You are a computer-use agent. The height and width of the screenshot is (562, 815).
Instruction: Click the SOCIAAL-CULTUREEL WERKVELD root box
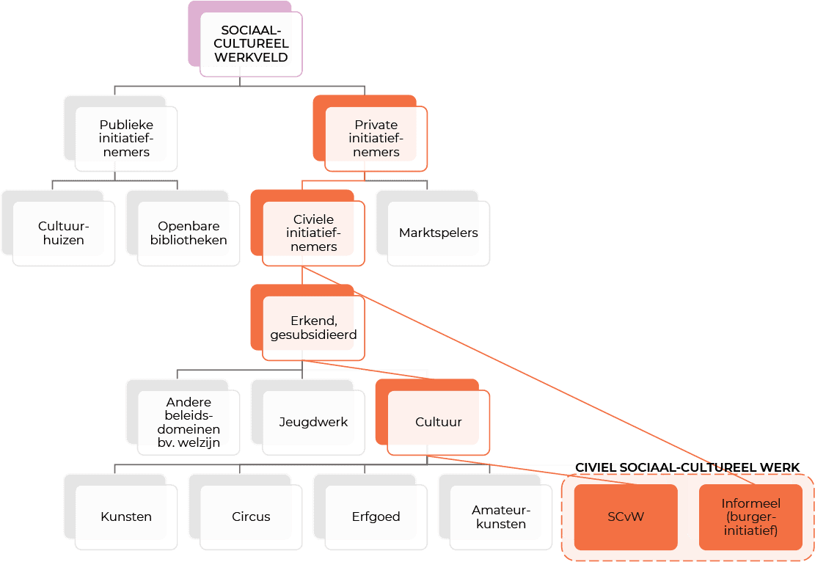pyautogui.click(x=250, y=44)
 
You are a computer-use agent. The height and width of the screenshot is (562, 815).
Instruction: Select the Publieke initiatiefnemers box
pyautogui.click(x=126, y=139)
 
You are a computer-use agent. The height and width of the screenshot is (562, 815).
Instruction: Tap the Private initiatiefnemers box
pyautogui.click(x=376, y=139)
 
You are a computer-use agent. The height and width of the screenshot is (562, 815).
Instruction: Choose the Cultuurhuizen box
pyautogui.click(x=64, y=233)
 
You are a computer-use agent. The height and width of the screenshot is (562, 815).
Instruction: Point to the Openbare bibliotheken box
pyautogui.click(x=189, y=233)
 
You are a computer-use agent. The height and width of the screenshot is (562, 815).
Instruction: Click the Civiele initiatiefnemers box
pyautogui.click(x=313, y=233)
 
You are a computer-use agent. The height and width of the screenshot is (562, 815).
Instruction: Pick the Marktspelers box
pyautogui.click(x=438, y=233)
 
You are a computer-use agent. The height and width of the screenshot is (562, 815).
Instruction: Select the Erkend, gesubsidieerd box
pyautogui.click(x=313, y=328)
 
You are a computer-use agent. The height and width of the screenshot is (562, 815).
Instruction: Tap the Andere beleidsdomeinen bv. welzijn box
pyautogui.click(x=189, y=423)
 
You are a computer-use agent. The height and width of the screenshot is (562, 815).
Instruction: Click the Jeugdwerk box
pyautogui.click(x=313, y=423)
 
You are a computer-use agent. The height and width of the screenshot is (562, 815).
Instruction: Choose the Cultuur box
pyautogui.click(x=438, y=423)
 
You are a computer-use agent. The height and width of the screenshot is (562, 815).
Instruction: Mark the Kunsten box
pyautogui.click(x=126, y=517)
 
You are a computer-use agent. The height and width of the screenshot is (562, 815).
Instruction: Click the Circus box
pyautogui.click(x=251, y=517)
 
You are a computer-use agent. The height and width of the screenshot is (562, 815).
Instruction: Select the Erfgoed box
pyautogui.click(x=376, y=517)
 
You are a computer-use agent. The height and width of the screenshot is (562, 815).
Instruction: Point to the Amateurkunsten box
pyautogui.click(x=500, y=517)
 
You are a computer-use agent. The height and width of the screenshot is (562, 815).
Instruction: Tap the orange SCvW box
pyautogui.click(x=625, y=517)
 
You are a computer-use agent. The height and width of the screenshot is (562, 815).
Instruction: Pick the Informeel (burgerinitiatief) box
pyautogui.click(x=750, y=517)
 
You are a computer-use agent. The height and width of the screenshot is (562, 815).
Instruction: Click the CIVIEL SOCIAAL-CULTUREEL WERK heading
pyautogui.click(x=687, y=467)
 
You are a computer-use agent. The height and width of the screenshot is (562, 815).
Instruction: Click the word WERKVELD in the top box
pyautogui.click(x=250, y=57)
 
